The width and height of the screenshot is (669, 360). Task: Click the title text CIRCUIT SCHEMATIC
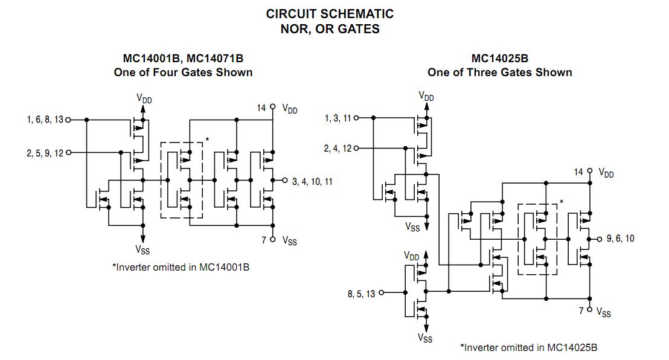[330, 13]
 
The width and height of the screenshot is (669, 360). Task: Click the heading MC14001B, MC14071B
[183, 59]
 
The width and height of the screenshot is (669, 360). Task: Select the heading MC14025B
[499, 59]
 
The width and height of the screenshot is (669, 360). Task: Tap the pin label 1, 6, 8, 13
[45, 120]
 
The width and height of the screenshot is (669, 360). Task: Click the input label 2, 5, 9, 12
[45, 153]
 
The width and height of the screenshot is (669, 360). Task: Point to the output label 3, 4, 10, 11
[312, 181]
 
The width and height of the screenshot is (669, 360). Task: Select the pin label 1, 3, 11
[338, 118]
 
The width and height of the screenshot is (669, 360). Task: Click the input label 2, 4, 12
[338, 148]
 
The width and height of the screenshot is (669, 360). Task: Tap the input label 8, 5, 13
[361, 294]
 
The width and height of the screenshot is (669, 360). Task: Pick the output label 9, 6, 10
[620, 239]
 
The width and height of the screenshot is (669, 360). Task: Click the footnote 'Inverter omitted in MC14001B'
[181, 267]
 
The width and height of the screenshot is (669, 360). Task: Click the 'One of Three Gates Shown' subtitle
[499, 72]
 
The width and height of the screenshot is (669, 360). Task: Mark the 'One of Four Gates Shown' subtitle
[183, 72]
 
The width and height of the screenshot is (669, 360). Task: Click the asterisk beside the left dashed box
[207, 140]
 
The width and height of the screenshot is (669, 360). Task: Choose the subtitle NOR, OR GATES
[330, 29]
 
